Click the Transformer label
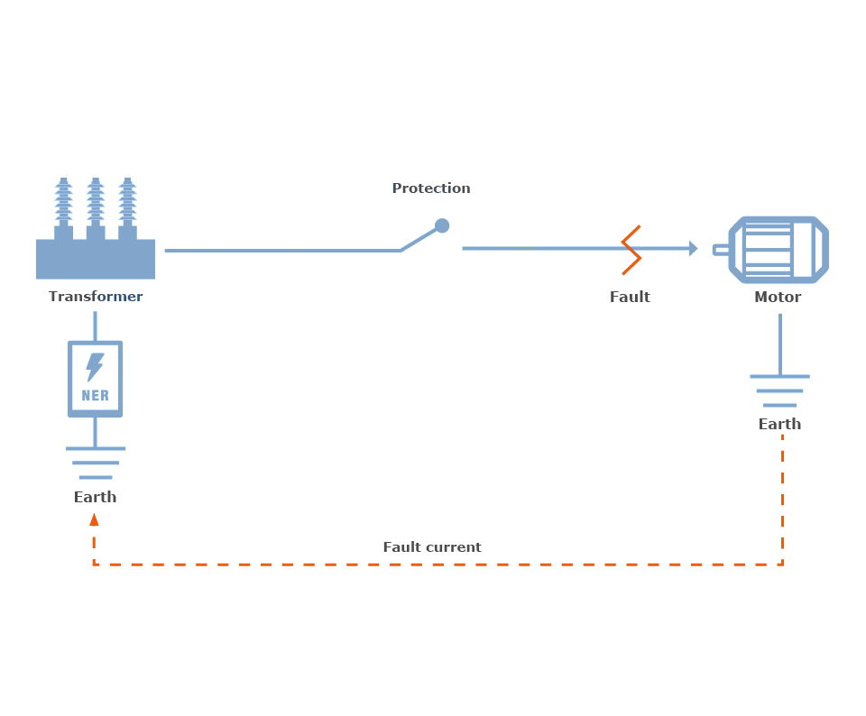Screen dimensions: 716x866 (96, 297)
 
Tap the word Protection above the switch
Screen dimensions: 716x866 (431, 188)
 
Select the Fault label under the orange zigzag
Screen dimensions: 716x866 (630, 297)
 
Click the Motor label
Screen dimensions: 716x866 (778, 297)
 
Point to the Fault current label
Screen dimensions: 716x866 (432, 547)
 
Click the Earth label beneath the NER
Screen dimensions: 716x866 (96, 497)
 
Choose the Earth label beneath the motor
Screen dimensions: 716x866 (779, 424)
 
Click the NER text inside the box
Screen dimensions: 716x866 (96, 395)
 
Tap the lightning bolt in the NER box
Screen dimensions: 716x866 (95, 366)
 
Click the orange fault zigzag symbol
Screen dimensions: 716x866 (631, 250)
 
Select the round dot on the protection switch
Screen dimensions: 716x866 (442, 225)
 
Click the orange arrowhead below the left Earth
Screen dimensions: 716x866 (94, 519)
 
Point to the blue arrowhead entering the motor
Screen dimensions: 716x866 (693, 248)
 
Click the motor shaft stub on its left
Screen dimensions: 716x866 (722, 250)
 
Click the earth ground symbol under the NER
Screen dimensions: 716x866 (96, 463)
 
